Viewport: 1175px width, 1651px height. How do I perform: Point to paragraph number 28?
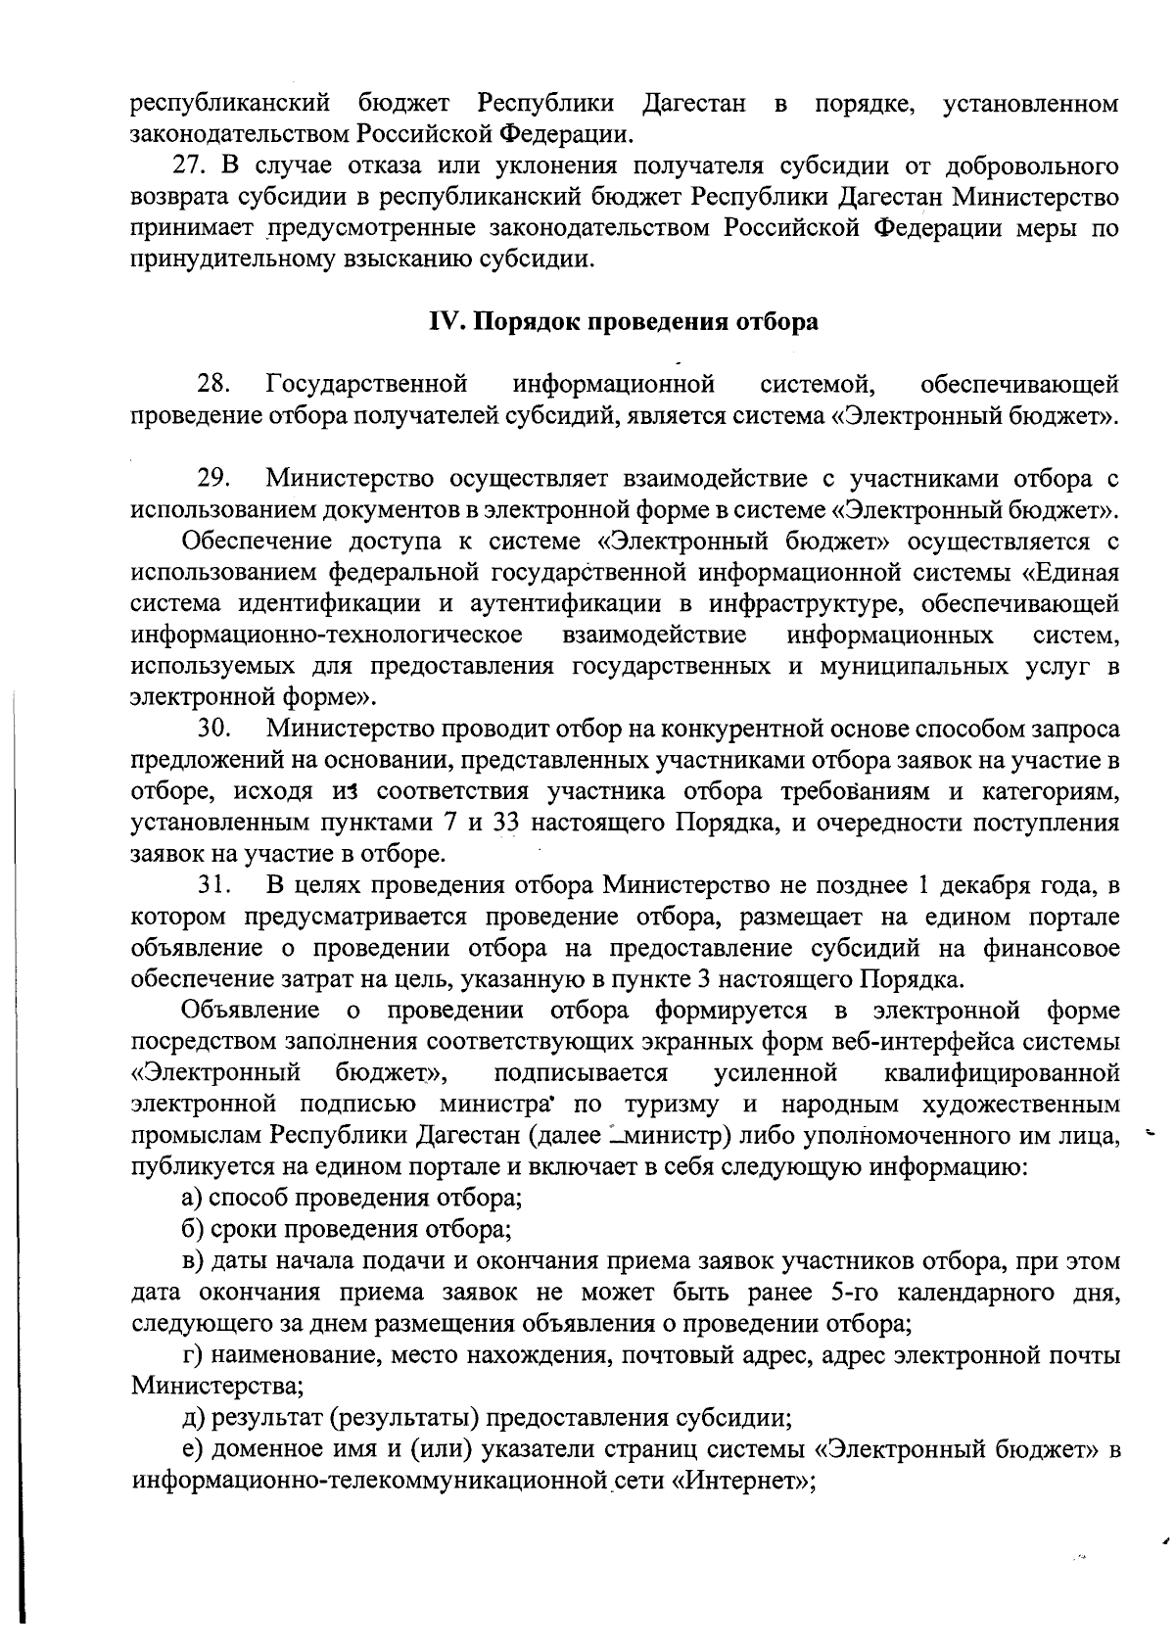(213, 383)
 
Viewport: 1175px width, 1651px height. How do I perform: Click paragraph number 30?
(213, 729)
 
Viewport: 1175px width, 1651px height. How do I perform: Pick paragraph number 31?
(213, 886)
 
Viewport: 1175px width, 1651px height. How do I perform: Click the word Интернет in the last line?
(742, 1481)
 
